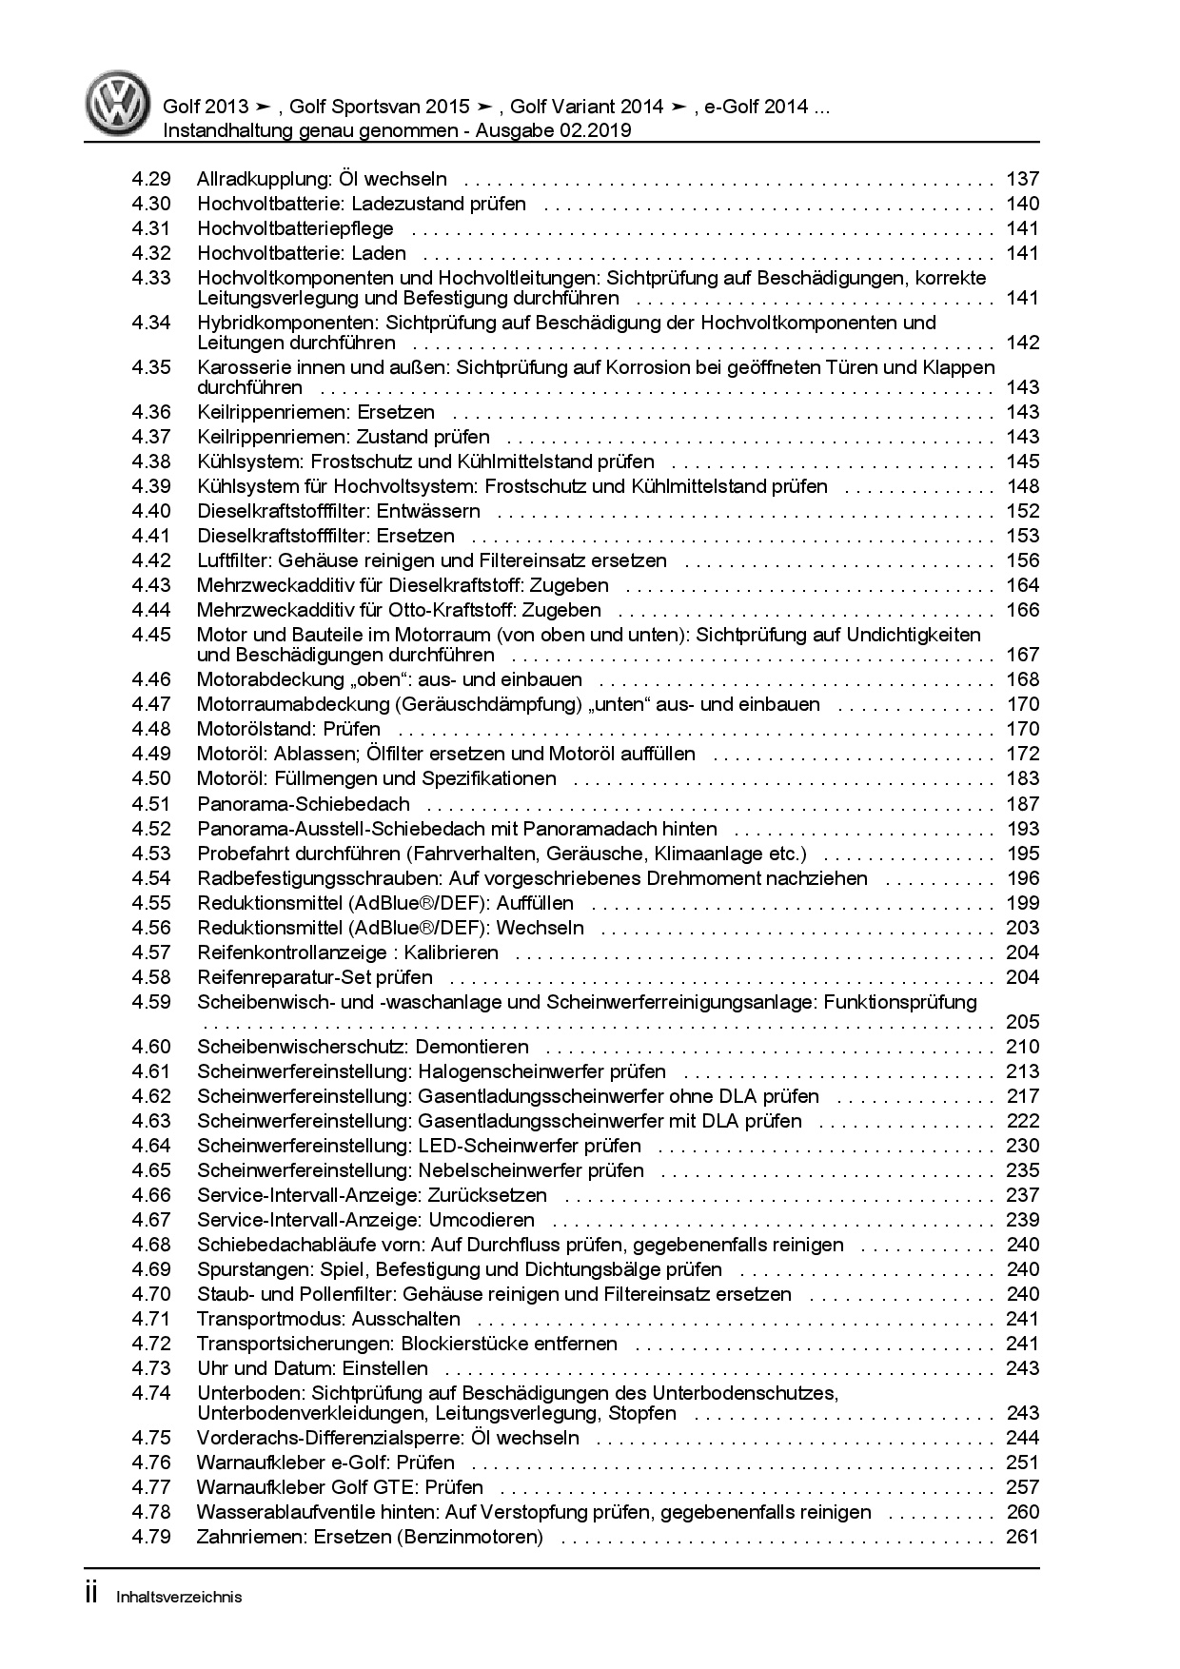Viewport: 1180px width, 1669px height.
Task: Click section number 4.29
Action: (x=151, y=179)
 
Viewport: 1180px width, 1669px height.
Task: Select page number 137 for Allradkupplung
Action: (x=1022, y=179)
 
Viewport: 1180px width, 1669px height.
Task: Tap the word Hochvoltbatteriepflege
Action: (x=295, y=228)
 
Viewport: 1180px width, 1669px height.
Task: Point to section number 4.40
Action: (x=151, y=511)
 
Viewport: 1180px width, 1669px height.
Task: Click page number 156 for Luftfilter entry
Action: (x=1022, y=560)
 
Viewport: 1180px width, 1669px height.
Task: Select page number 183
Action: (x=1022, y=778)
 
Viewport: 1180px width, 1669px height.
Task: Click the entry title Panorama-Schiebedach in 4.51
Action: (x=304, y=804)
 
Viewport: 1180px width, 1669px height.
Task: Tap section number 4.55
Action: (x=151, y=903)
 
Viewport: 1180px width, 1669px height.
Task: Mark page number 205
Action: (x=1022, y=1022)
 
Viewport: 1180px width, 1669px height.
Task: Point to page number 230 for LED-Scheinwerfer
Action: (x=1022, y=1146)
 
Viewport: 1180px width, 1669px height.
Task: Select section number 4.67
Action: (x=151, y=1220)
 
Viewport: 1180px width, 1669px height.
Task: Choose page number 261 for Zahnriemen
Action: (x=1022, y=1537)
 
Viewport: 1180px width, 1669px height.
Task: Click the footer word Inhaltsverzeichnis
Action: (x=179, y=1598)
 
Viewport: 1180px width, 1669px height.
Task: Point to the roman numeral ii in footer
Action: (x=92, y=1595)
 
